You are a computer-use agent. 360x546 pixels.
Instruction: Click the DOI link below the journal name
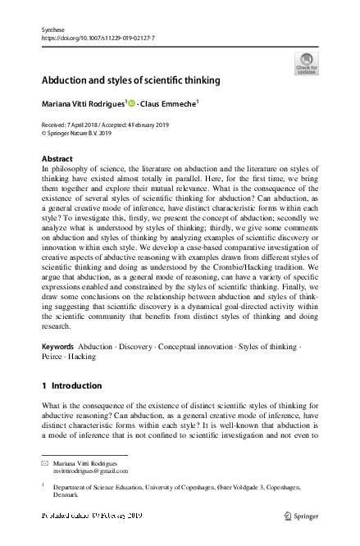(x=98, y=38)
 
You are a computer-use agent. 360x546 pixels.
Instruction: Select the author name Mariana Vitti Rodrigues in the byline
(x=82, y=105)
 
